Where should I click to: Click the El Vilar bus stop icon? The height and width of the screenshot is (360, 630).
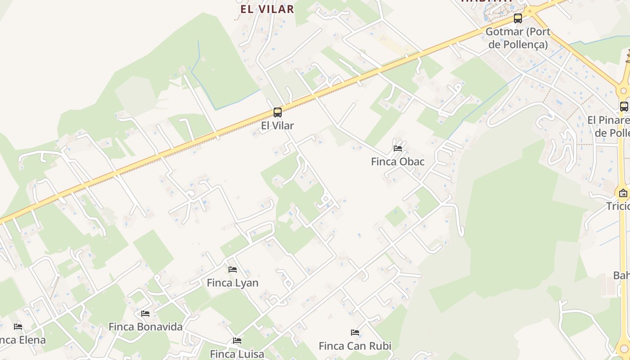(x=278, y=112)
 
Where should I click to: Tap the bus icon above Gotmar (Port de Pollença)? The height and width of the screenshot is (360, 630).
(x=518, y=18)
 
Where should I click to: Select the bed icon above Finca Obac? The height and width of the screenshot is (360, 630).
(x=398, y=148)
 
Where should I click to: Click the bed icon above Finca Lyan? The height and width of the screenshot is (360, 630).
(x=233, y=270)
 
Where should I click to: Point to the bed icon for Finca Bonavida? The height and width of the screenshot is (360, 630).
(x=145, y=313)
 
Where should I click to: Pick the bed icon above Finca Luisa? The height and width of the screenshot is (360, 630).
(x=237, y=341)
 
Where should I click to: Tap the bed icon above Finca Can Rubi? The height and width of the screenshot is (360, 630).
(x=355, y=333)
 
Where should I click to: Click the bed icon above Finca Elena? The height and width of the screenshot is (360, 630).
(x=18, y=326)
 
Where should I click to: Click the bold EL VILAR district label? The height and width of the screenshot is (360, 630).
(x=267, y=9)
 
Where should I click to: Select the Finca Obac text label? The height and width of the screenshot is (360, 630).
(x=398, y=162)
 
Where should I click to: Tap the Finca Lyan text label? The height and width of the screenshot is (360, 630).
(x=233, y=283)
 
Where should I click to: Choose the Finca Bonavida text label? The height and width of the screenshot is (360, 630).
(x=145, y=327)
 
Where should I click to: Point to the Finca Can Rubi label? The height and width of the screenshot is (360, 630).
(x=355, y=346)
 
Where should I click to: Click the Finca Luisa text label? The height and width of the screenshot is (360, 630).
(x=237, y=354)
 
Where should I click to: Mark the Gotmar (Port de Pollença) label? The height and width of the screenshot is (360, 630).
(x=518, y=38)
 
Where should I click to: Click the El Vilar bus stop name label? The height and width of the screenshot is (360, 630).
(x=278, y=126)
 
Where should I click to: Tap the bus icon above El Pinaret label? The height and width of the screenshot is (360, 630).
(x=624, y=107)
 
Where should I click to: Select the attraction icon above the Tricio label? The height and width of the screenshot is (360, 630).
(x=623, y=193)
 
